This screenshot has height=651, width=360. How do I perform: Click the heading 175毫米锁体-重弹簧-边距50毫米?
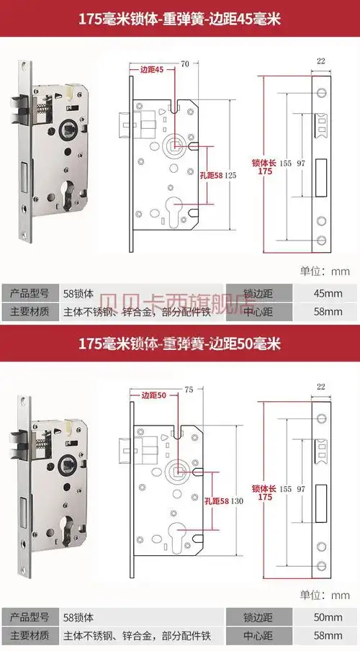[x=179, y=341]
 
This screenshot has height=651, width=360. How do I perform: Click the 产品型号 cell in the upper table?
[x=30, y=293]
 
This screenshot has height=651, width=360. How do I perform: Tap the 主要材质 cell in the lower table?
[x=30, y=636]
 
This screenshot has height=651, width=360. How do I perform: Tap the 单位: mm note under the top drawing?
[x=325, y=271]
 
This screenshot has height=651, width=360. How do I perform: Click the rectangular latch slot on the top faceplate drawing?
[x=320, y=173]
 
